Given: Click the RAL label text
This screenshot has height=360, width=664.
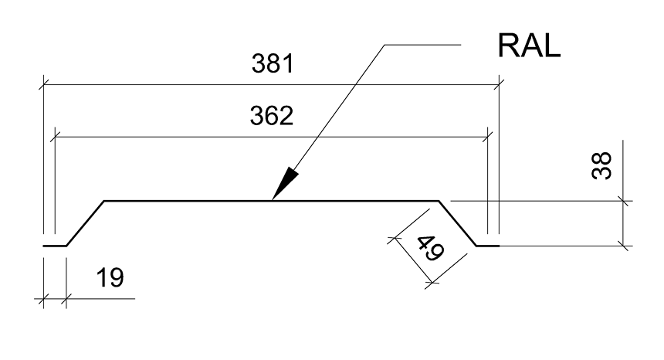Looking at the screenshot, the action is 529,46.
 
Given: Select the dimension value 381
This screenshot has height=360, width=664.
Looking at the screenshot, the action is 273,63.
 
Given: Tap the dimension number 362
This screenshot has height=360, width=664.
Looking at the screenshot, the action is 272,116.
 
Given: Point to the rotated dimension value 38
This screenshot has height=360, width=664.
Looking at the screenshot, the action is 601,165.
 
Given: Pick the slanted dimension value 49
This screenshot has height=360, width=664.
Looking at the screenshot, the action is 430,248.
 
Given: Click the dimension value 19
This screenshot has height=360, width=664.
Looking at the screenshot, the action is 110,278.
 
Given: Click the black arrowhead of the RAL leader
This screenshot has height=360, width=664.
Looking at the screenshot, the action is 285,183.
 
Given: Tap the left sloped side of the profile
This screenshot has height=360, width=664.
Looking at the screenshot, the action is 85,223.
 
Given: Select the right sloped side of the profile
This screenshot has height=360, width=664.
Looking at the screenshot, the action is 458,223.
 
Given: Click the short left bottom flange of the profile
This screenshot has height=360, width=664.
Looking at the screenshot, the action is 55,246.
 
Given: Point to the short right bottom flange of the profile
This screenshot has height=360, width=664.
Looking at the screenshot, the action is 488,246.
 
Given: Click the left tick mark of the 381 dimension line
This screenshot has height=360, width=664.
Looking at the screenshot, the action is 43,85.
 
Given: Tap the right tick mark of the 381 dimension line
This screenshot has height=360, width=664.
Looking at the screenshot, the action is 499,85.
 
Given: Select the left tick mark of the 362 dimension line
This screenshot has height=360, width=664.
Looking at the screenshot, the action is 55,138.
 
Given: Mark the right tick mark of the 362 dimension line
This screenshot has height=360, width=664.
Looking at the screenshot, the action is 488,138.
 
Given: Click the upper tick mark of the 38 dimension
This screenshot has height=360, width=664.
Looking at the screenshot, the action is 623,201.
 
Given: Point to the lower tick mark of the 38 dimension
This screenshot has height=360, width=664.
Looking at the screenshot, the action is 623,246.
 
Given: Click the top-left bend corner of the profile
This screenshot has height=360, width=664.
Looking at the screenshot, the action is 104,201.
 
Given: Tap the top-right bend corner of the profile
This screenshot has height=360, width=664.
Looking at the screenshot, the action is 439,201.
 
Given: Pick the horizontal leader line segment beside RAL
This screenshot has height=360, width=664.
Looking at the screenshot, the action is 422,45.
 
